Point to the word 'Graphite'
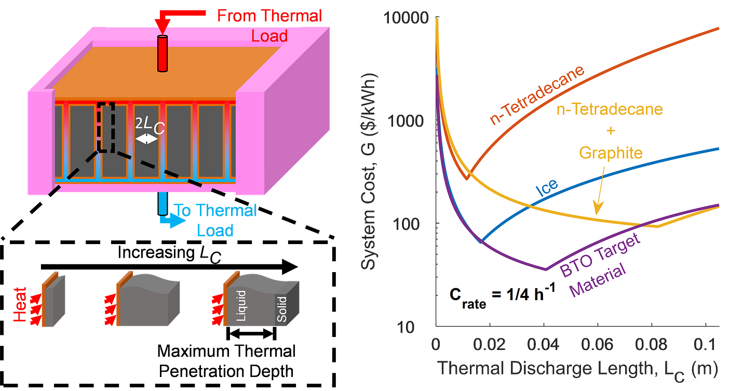[x=610, y=153]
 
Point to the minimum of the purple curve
[x=545, y=269]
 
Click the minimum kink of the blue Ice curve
[x=481, y=241]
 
